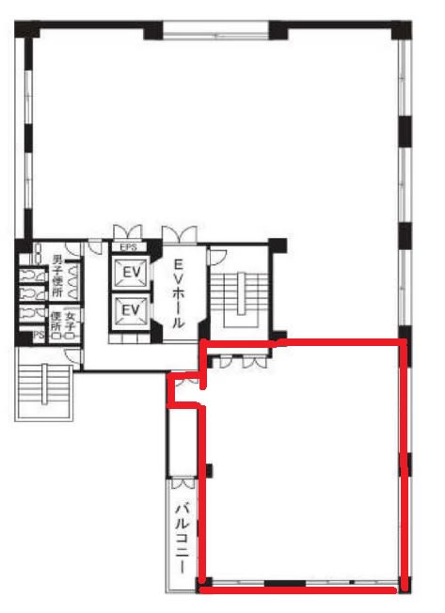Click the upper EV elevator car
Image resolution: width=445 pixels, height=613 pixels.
click(131, 272)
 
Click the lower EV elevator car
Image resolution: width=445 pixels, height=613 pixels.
click(131, 310)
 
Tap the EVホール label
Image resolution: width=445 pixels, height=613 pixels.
click(178, 294)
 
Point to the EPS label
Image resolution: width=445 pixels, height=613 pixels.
click(128, 247)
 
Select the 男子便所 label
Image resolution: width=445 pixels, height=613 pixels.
click(57, 275)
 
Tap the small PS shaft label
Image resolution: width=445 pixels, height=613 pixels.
click(39, 335)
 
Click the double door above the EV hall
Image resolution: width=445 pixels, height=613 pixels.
click(180, 234)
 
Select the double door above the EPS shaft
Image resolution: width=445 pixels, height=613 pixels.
click(127, 232)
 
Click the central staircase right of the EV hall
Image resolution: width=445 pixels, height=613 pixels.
click(240, 300)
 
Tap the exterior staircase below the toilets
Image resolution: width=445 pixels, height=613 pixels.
click(44, 385)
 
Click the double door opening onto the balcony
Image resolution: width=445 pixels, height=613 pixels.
click(183, 483)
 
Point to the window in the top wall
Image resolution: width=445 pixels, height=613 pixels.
click(215, 30)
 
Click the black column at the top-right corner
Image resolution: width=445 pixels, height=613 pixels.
click(401, 30)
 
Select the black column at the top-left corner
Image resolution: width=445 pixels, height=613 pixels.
click(26, 29)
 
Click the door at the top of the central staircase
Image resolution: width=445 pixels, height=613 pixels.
click(216, 257)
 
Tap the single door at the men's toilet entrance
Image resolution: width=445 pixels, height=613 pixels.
click(72, 249)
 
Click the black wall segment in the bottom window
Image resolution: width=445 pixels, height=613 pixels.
click(285, 583)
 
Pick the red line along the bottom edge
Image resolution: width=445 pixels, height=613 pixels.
click(298, 589)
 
